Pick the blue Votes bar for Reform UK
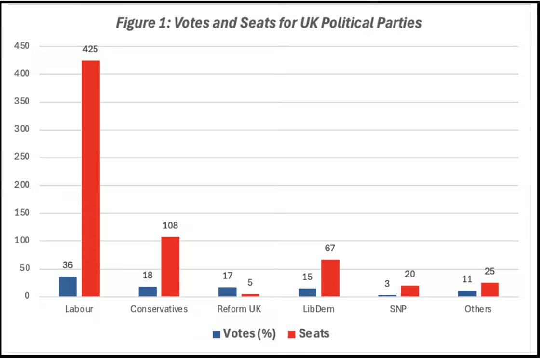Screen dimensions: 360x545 pos(228,291)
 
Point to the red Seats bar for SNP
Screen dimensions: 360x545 pos(410,291)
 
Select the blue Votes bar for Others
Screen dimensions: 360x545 pos(467,293)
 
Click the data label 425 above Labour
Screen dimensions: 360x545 pos(91,49)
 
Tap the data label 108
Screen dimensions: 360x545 pos(170,225)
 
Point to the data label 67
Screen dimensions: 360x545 pos(330,248)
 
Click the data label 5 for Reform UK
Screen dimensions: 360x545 pos(250,283)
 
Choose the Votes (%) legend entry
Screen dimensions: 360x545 pos(244,333)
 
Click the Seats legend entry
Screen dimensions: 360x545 pos(309,333)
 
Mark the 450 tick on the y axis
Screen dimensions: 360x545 pos(22,46)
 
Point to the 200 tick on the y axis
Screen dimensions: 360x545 pos(22,185)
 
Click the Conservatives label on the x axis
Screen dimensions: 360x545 pos(159,309)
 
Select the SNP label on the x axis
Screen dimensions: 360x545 pos(399,309)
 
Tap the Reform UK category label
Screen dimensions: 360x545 pos(239,309)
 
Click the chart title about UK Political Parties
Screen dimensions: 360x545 pos(269,23)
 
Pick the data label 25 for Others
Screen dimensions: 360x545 pos(489,271)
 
